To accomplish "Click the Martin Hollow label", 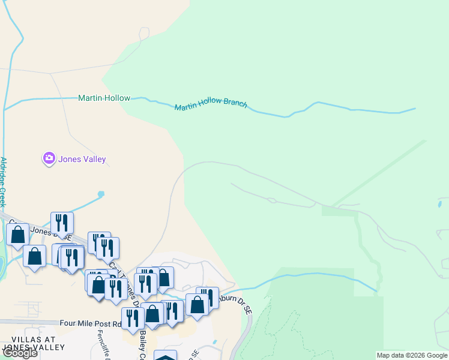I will coord(104,98).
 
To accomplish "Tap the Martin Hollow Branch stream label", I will coord(211,105).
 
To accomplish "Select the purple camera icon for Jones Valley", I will coord(49,158).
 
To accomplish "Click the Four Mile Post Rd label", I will coord(91,323).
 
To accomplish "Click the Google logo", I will coord(20,353).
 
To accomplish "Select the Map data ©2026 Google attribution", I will coord(412,355).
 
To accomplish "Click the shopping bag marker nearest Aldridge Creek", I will coord(18,235).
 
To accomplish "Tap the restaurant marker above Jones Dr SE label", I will coord(62,223).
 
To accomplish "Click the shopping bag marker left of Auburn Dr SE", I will coord(196,304).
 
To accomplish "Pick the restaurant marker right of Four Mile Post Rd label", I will coord(133,318).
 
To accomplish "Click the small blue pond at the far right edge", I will coord(441,204).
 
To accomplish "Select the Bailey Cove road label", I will coord(143,345).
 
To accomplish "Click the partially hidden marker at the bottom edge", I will coord(166,356).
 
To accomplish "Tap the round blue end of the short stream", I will coord(101,194).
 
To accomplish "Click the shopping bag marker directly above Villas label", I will coord(35,256).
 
